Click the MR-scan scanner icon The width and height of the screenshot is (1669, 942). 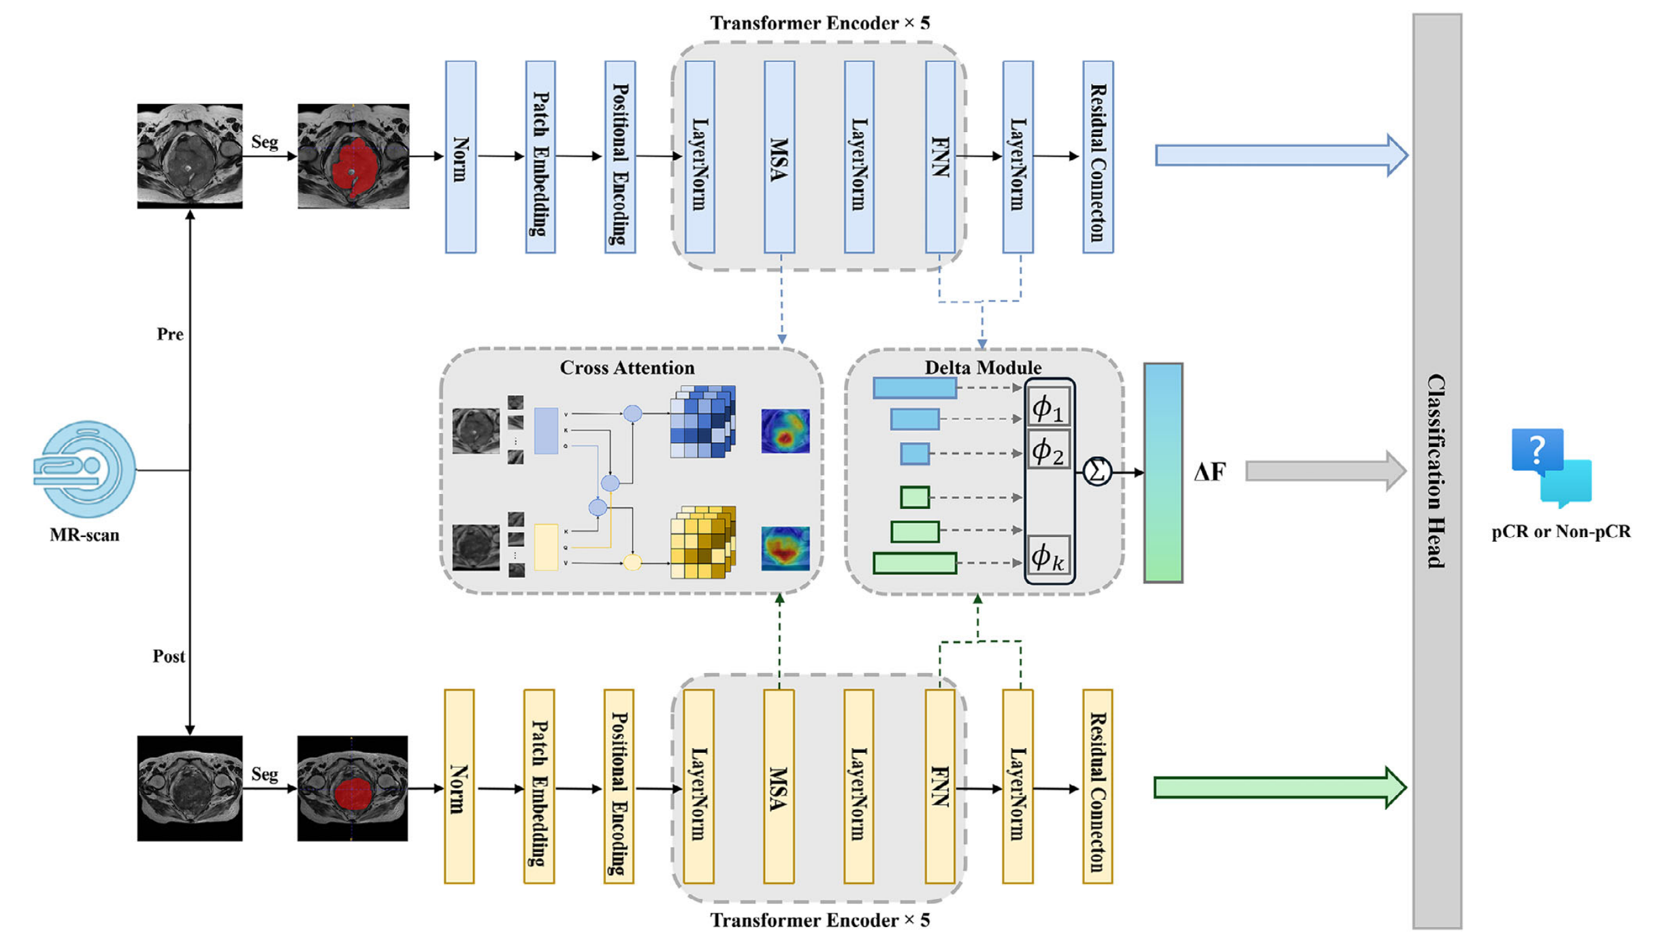click(84, 469)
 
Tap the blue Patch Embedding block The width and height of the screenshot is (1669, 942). click(540, 157)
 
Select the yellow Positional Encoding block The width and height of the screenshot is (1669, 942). click(619, 786)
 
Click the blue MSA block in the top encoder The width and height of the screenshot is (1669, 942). click(779, 157)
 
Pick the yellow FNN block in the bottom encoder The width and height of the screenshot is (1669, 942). click(939, 786)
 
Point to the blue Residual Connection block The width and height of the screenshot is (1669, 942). click(1098, 157)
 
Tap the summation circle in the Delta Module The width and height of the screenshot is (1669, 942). click(1097, 471)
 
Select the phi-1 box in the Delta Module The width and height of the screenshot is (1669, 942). click(1048, 408)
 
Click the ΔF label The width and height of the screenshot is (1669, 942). click(1210, 472)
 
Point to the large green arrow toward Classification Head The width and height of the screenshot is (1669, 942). click(1280, 787)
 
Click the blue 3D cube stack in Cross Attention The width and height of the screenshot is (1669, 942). click(702, 421)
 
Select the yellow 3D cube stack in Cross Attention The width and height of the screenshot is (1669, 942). click(702, 542)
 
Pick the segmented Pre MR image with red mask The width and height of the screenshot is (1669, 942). click(353, 156)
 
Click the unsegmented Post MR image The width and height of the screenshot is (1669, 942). click(189, 788)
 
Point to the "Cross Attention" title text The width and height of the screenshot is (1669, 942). click(627, 368)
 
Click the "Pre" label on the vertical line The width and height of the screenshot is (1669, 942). click(170, 334)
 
